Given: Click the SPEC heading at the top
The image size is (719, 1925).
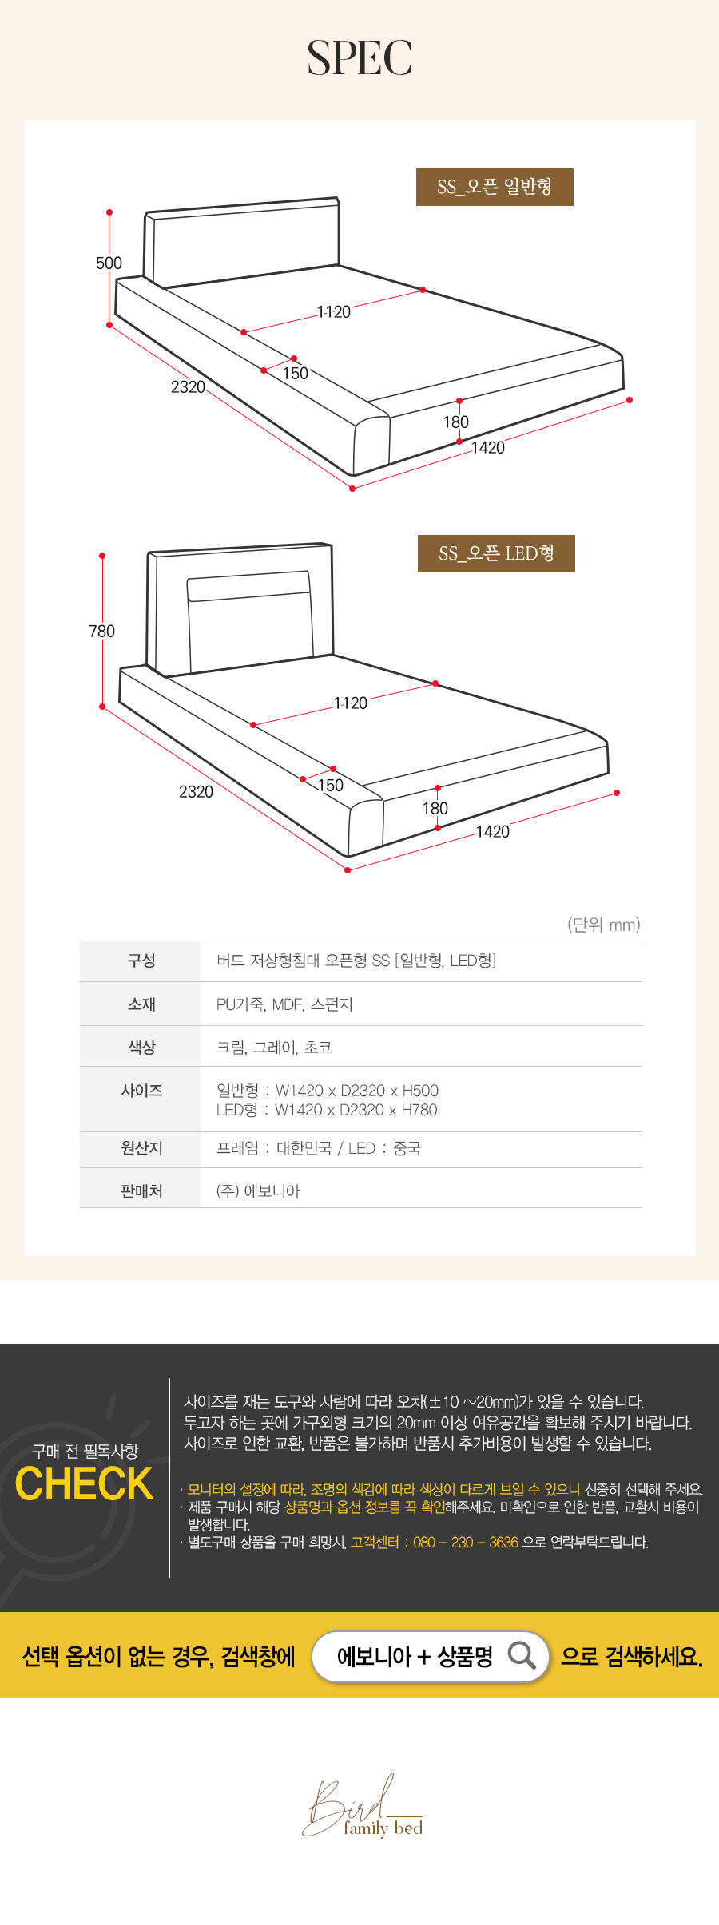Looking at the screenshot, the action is pyautogui.click(x=359, y=58).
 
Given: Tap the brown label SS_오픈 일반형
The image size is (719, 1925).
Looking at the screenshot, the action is pyautogui.click(x=495, y=187).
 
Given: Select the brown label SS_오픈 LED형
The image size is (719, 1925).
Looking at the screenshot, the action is pyautogui.click(x=496, y=553).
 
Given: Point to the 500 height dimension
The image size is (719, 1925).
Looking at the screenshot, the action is pyautogui.click(x=109, y=263).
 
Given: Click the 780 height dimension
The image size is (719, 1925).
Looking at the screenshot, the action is pyautogui.click(x=102, y=632).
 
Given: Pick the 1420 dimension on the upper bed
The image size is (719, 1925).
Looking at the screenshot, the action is pyautogui.click(x=488, y=448).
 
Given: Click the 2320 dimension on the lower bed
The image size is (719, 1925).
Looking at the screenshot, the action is pyautogui.click(x=196, y=792).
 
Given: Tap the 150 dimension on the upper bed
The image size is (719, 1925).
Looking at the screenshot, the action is pyautogui.click(x=296, y=374).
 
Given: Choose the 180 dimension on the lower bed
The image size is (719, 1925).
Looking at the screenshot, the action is pyautogui.click(x=435, y=809).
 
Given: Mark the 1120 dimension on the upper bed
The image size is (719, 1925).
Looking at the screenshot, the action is pyautogui.click(x=334, y=312).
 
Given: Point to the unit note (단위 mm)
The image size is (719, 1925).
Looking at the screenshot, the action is pyautogui.click(x=604, y=925).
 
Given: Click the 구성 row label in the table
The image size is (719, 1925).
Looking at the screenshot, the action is pyautogui.click(x=141, y=961).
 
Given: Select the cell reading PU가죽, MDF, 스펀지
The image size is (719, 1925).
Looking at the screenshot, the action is pyautogui.click(x=284, y=1004).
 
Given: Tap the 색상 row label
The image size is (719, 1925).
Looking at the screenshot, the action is pyautogui.click(x=141, y=1047).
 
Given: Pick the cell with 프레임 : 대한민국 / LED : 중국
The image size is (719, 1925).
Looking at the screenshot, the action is pyautogui.click(x=319, y=1148).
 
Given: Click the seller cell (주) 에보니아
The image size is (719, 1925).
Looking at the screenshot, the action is pyautogui.click(x=258, y=1191).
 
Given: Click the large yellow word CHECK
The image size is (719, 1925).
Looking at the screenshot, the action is pyautogui.click(x=84, y=1483).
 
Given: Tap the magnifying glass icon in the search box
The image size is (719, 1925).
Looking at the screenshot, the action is pyautogui.click(x=522, y=1655).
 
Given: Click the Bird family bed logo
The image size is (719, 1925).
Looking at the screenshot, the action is pyautogui.click(x=363, y=1807).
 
